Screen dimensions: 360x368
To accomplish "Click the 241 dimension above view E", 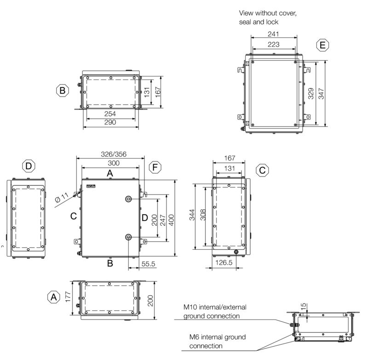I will (273, 34).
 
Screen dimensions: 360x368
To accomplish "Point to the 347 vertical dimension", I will (321, 94).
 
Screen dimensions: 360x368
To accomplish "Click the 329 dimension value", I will (311, 94).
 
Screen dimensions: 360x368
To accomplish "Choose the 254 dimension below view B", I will (109, 114).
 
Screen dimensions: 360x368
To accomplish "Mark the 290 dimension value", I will (109, 122).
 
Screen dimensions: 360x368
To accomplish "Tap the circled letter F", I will (155, 168).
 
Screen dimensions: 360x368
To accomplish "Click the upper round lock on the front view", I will (128, 198).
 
